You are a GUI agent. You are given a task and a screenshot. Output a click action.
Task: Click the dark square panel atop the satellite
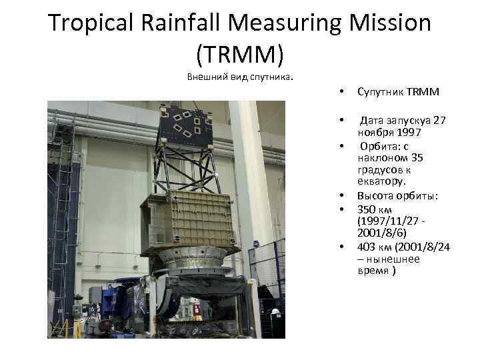pos(186,125)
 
